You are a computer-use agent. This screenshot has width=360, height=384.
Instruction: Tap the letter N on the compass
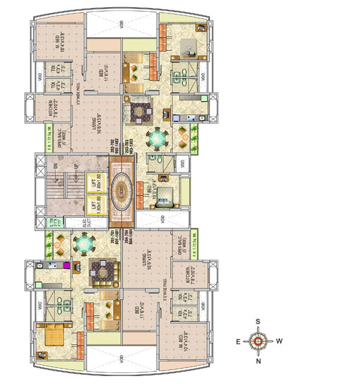tap(259, 361)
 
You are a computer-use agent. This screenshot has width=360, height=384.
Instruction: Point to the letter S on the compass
tap(259, 321)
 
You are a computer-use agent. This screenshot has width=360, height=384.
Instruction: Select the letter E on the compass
tap(239, 341)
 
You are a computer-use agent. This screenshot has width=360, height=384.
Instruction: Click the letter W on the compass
tap(279, 341)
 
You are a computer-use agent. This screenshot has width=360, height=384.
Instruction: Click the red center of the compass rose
tap(259, 341)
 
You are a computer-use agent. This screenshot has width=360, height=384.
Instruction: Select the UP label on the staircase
tap(75, 166)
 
